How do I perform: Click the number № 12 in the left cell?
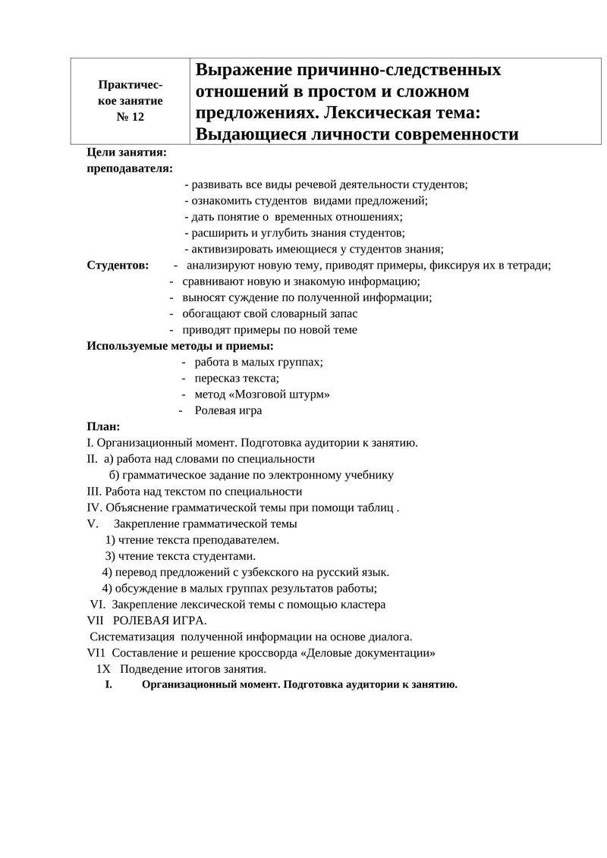130,116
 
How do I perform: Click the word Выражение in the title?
241,71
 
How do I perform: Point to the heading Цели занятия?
127,152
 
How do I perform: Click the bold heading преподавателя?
129,168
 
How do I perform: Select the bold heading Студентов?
118,266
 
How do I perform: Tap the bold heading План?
103,427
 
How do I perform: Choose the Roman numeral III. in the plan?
96,492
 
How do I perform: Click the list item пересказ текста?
237,378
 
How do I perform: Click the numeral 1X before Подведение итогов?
104,669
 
